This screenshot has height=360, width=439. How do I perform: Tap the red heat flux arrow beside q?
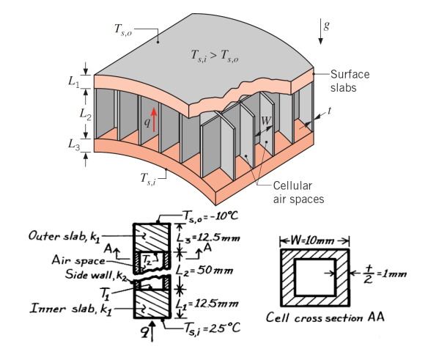(x=154, y=118)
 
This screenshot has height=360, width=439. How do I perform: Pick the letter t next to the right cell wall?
(x=331, y=111)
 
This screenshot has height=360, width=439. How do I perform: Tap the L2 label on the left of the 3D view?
(x=84, y=114)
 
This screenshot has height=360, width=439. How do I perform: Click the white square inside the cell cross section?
(x=314, y=276)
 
